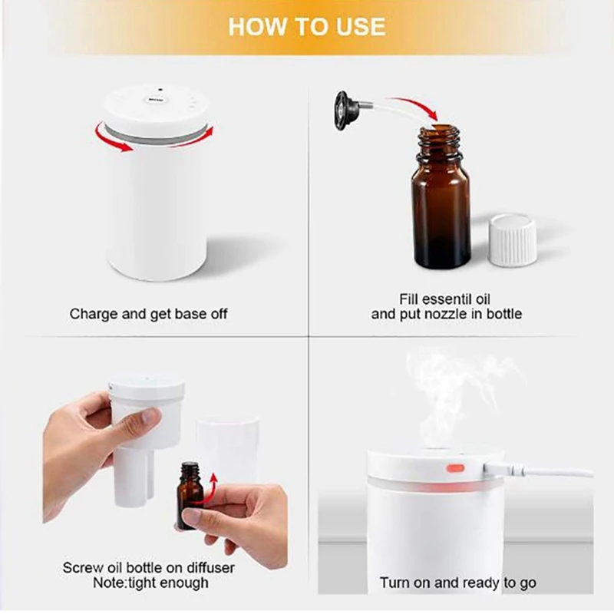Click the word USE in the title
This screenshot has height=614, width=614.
(x=361, y=27)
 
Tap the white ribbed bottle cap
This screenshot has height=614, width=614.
(x=512, y=239)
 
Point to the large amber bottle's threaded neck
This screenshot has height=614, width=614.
(x=438, y=143)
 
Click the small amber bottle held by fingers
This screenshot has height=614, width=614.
(x=190, y=494)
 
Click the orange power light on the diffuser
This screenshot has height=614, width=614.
(x=455, y=468)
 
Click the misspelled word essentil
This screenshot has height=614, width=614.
(x=442, y=299)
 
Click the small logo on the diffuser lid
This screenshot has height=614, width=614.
(x=156, y=100)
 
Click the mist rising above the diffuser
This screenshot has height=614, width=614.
(x=458, y=395)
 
